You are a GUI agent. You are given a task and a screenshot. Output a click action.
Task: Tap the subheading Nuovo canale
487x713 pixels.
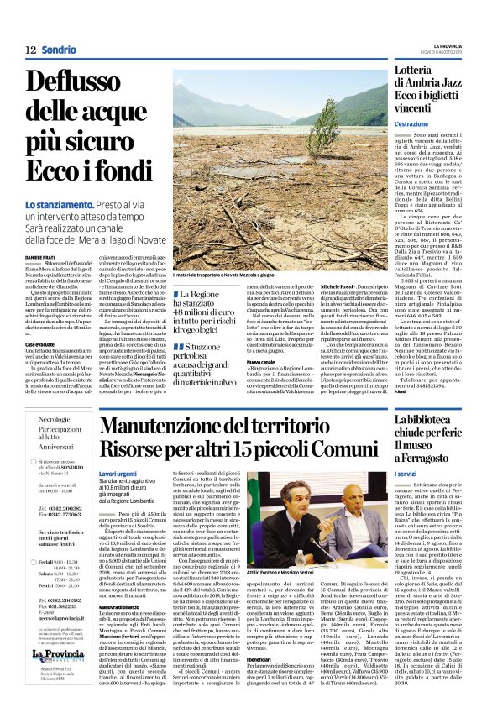[x=259, y=361]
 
